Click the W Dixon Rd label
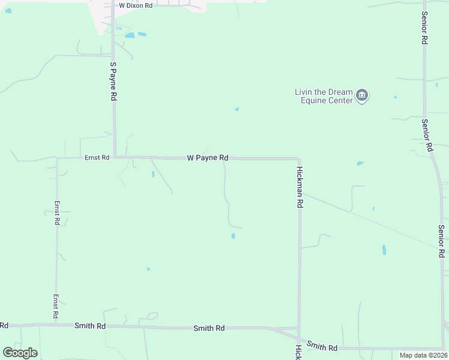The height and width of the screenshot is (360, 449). (x=136, y=5)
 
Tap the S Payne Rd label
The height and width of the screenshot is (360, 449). (x=113, y=81)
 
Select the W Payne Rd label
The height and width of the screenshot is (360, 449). (x=208, y=158)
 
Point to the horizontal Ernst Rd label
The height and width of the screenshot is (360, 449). (x=97, y=157)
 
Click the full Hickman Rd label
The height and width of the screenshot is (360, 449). (x=300, y=187)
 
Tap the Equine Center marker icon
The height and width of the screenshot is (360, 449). (x=362, y=95)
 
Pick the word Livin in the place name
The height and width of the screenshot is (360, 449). (x=304, y=92)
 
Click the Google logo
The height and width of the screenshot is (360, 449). (x=20, y=353)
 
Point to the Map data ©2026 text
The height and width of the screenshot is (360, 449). (x=423, y=355)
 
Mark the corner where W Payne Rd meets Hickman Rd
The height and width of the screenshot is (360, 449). (x=298, y=159)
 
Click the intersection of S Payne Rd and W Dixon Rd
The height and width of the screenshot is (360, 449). (x=113, y=5)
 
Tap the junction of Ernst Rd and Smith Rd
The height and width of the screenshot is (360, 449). (x=56, y=326)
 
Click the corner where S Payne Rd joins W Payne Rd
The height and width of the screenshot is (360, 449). (x=115, y=157)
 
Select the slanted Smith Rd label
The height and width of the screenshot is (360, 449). (x=322, y=347)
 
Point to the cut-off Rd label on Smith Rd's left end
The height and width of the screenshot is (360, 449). (x=4, y=325)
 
